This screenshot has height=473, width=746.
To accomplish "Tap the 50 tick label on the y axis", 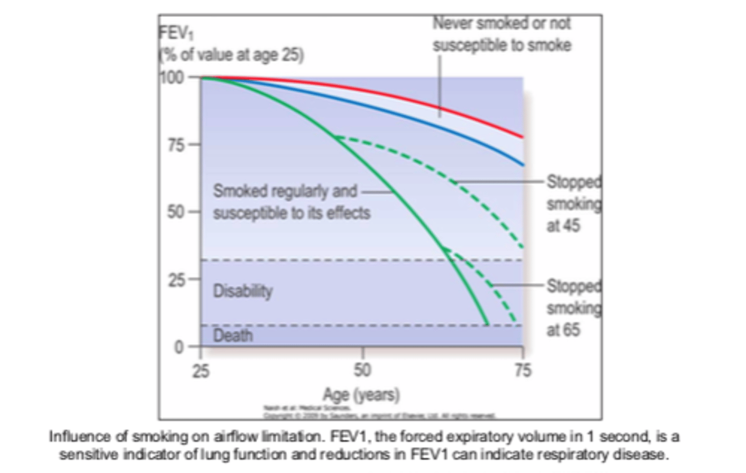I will [176, 212].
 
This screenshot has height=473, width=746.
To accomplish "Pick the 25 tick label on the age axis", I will [201, 370].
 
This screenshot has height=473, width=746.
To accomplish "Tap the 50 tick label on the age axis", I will [362, 370].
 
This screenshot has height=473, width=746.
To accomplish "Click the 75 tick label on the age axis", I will [523, 370].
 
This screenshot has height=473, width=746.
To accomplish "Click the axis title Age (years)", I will [361, 395].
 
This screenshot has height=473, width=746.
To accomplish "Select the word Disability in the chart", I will [242, 291].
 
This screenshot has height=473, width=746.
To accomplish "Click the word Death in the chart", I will [233, 336].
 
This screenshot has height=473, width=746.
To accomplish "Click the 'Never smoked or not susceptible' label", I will [501, 34].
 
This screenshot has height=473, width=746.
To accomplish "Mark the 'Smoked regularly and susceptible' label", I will [291, 202].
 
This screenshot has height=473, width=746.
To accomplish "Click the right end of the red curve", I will [522, 137].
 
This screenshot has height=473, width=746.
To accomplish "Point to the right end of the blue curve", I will [522, 165].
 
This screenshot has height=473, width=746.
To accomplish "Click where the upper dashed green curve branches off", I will [335, 138].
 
